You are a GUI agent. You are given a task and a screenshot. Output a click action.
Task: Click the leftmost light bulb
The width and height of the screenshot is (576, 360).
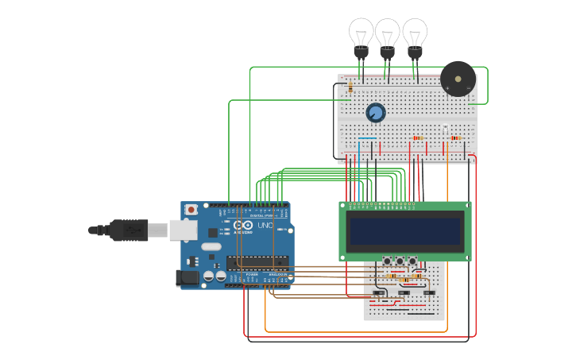coord(361,37)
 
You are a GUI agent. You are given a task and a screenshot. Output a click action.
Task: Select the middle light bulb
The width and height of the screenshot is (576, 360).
coord(387,37)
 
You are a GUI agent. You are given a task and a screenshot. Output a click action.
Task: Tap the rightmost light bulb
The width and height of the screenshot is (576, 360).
coord(414,37)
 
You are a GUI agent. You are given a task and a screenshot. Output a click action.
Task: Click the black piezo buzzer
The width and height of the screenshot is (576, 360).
coord(458,79)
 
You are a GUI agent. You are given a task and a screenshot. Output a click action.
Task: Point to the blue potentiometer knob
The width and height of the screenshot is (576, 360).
coord(376,113)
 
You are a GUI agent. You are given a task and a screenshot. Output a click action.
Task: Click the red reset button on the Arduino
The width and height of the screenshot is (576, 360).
coord(191,210)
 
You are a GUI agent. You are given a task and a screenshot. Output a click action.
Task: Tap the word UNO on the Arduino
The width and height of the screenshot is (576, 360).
coord(265,226)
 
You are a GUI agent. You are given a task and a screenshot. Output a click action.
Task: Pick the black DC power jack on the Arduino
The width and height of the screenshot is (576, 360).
coord(187,277)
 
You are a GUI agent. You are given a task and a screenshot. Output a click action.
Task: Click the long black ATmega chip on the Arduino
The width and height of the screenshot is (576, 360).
coord(257,262)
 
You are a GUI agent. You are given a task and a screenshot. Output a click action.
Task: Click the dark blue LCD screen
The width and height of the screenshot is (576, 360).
coord(405,231)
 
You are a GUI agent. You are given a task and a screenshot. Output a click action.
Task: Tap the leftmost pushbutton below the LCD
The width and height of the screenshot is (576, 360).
coord(387,261)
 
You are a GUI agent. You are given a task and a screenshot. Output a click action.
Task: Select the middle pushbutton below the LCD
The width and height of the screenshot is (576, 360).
coord(400,261)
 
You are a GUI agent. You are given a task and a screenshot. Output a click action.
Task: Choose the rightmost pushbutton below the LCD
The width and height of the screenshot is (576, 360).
coord(412,261)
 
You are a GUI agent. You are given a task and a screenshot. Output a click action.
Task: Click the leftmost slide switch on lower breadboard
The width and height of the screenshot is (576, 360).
coord(379,293)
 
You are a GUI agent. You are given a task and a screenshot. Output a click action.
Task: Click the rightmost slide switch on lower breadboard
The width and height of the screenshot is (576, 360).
coord(429,293)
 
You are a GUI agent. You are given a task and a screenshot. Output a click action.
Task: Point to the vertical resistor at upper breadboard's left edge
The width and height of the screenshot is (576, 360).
coord(350,87)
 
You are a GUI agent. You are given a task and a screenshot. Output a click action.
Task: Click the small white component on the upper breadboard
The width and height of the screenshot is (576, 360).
coord(445,130)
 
